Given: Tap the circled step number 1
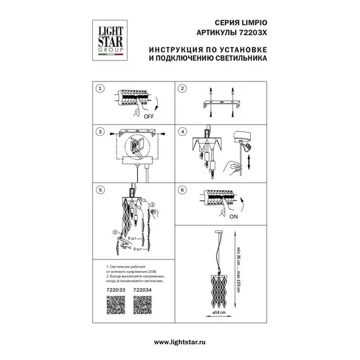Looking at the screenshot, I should click(x=99, y=89).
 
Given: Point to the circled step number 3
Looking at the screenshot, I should click(x=99, y=133).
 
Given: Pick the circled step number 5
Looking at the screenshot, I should click(x=99, y=189).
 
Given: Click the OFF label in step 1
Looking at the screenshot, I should click(x=149, y=117).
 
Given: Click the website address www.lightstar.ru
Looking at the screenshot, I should click(x=179, y=342).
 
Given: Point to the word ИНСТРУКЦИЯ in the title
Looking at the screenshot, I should click(x=177, y=49).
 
